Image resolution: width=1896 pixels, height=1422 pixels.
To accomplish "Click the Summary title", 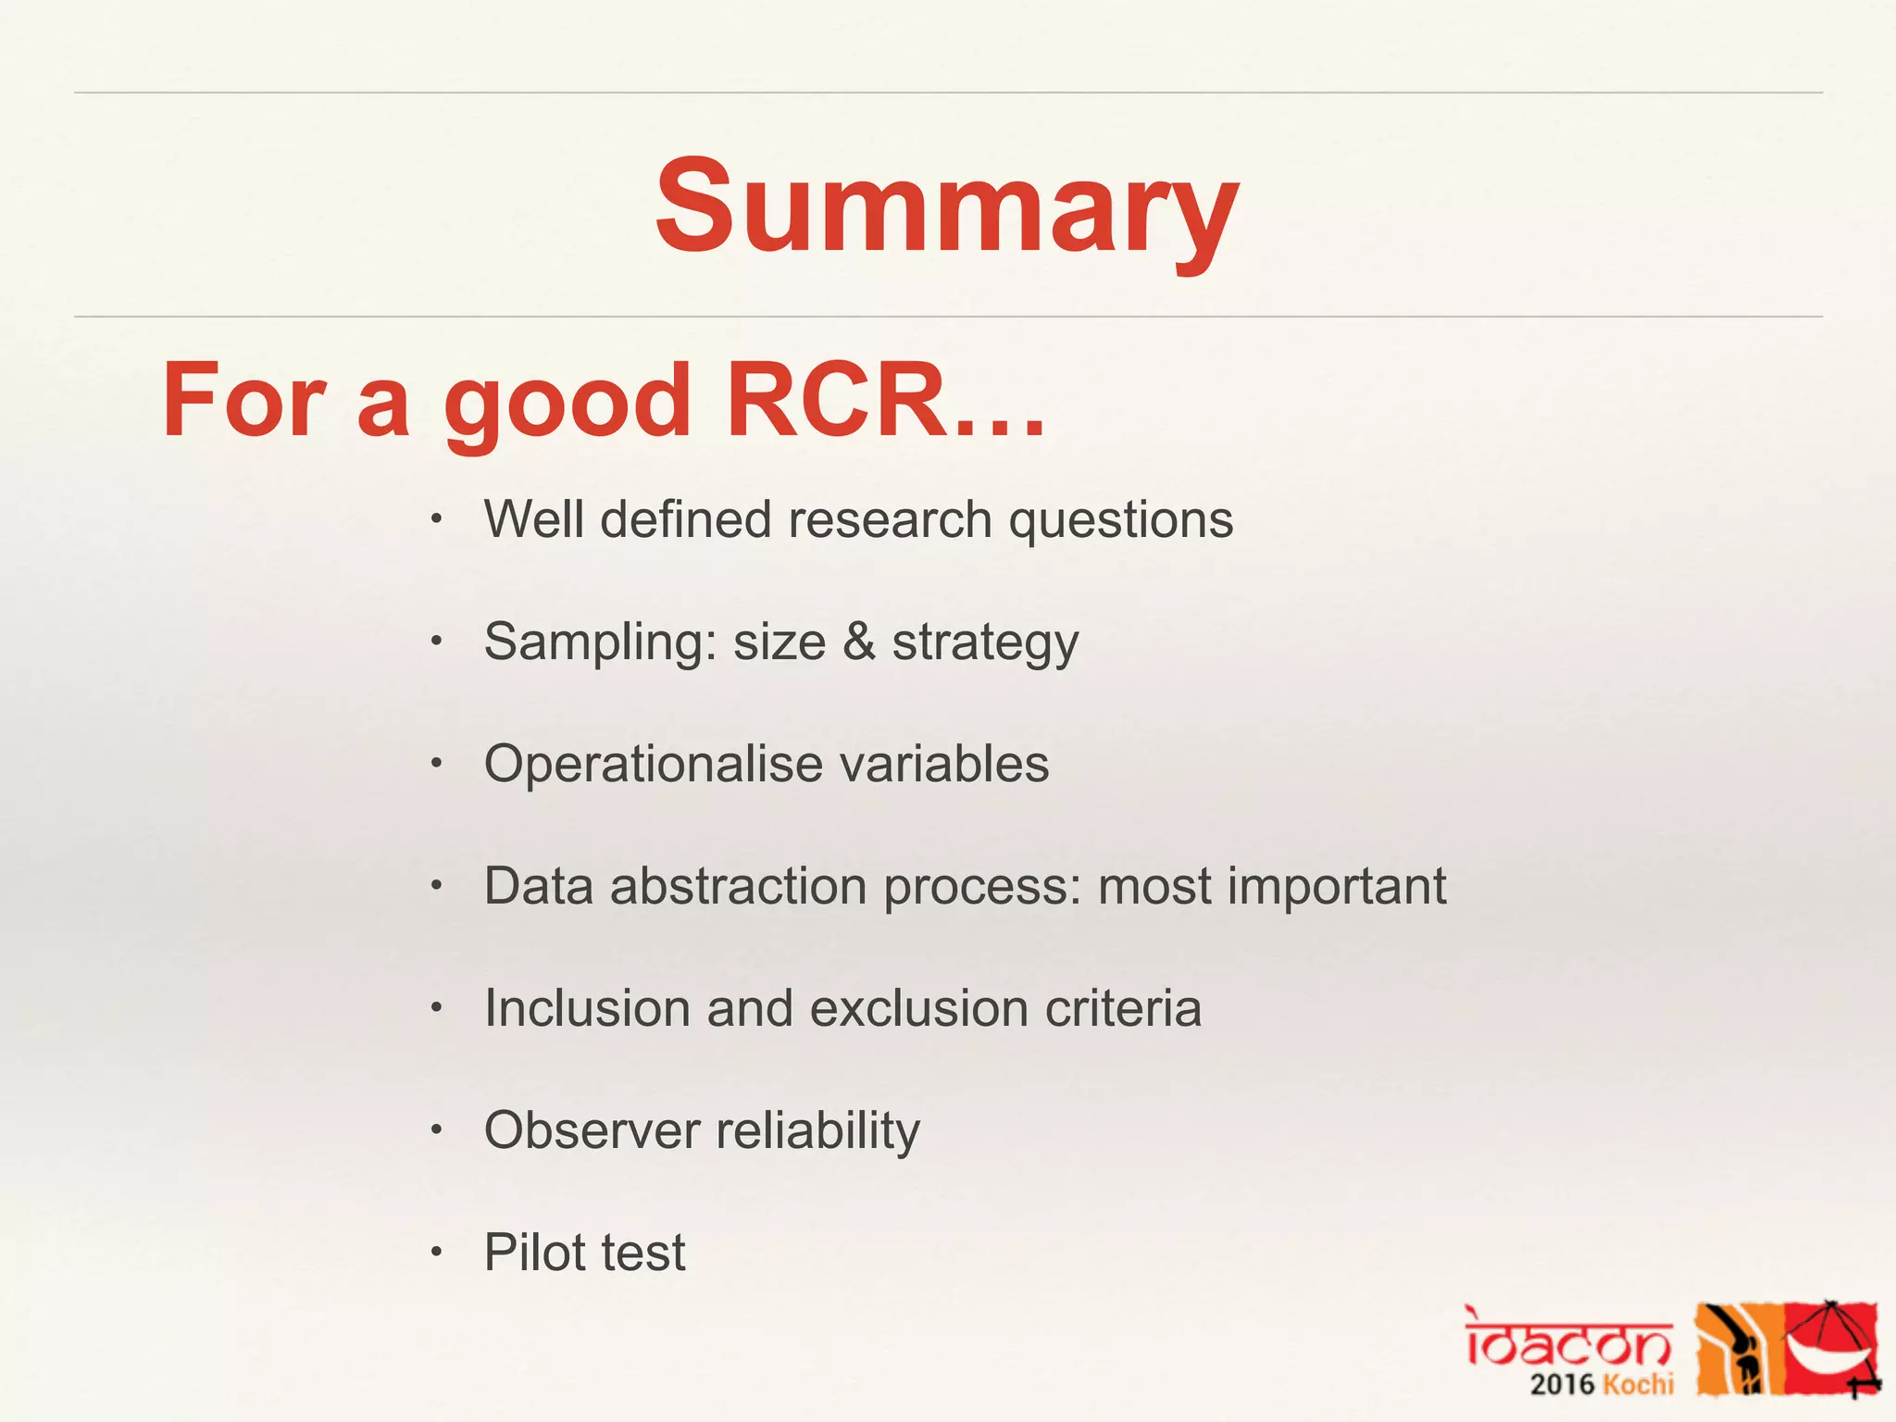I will (x=946, y=208).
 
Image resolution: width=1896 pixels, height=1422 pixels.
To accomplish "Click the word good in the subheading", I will (x=567, y=403).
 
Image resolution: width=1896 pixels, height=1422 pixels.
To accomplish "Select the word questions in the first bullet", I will (x=1120, y=521).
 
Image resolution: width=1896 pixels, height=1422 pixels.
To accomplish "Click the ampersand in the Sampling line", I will (x=858, y=642).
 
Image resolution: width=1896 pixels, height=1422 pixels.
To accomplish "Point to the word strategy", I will (x=985, y=643).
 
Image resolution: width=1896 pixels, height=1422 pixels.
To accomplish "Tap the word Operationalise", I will (x=653, y=765).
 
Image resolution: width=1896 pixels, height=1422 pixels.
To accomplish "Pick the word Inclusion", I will (x=587, y=1008).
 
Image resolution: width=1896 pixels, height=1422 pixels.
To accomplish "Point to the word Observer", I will (x=592, y=1130).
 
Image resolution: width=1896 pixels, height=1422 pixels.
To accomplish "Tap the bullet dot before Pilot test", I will (x=437, y=1254).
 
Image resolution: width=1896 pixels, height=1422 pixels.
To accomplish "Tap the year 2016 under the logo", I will (x=1562, y=1385).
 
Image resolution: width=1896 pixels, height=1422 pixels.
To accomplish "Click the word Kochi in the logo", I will (x=1638, y=1385).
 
